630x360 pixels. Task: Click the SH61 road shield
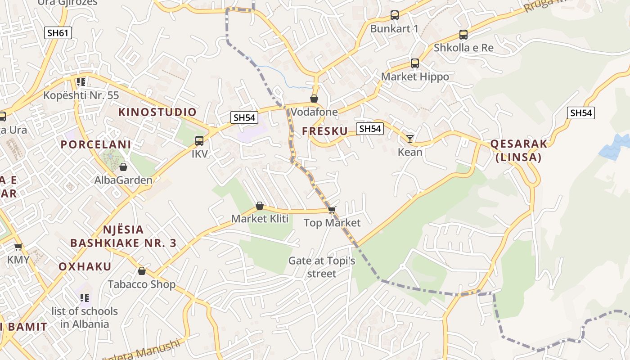[58, 32]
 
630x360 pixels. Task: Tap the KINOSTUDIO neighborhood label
[157, 112]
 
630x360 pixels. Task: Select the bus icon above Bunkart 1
[395, 15]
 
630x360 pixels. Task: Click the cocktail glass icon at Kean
[410, 139]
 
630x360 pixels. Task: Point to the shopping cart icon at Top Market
[332, 210]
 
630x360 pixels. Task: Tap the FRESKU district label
[325, 131]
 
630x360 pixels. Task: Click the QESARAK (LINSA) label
[518, 150]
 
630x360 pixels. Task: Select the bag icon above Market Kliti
[260, 206]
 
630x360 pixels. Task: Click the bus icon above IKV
[199, 141]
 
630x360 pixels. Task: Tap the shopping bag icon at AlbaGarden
[123, 167]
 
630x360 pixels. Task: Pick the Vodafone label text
[314, 112]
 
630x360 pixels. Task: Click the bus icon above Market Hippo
[415, 63]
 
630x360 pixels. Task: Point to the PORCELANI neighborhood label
[96, 144]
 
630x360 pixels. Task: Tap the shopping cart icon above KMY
[18, 247]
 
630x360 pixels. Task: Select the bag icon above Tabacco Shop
[142, 271]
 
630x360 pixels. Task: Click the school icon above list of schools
[84, 298]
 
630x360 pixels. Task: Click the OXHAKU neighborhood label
[85, 266]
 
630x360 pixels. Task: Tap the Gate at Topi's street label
[322, 267]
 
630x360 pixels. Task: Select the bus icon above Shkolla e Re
[463, 35]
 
